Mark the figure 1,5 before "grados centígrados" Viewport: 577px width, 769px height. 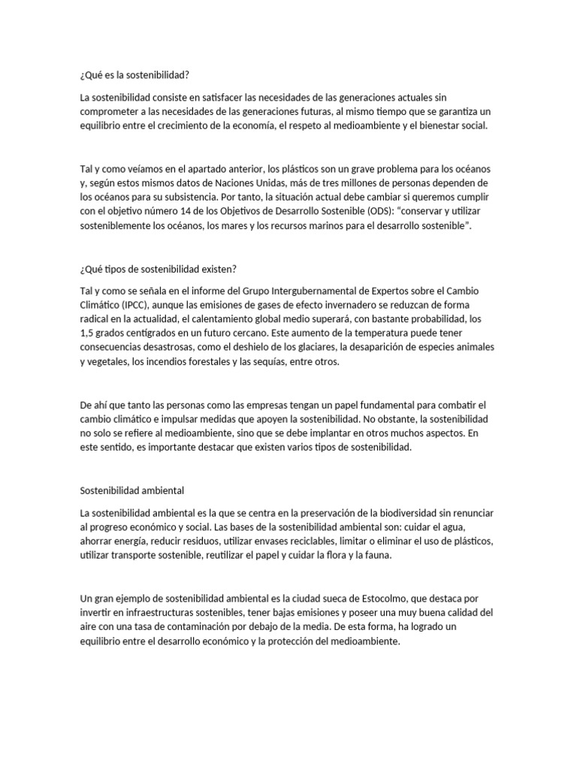[88, 333]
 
